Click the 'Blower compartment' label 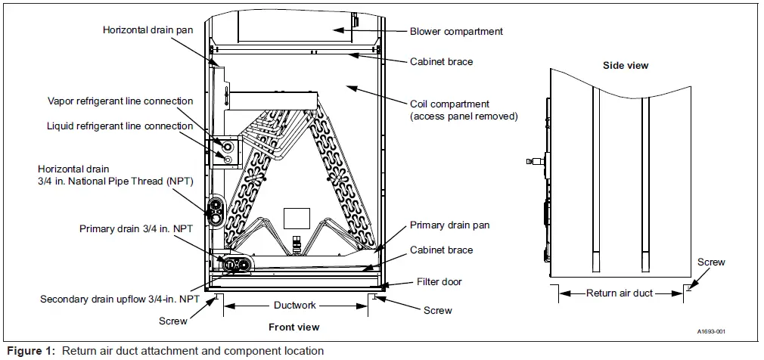456,32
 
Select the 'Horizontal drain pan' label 147,29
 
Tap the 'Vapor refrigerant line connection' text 120,101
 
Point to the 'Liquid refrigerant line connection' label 120,126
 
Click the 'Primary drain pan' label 449,225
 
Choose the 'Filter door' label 439,282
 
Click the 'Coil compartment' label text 449,104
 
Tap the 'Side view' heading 625,66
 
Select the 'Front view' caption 293,327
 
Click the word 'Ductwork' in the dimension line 295,306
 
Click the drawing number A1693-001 711,332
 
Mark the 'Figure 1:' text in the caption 30,351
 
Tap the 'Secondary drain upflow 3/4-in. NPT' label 120,299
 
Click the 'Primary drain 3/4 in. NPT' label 133,228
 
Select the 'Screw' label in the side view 711,262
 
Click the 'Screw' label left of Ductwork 172,320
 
